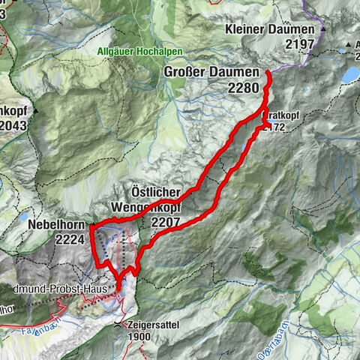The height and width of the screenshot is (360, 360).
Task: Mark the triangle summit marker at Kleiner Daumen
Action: pos(324,28)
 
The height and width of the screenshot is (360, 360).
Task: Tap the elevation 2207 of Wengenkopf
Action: pos(166,223)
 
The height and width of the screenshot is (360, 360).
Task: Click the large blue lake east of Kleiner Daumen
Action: pos(351,73)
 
